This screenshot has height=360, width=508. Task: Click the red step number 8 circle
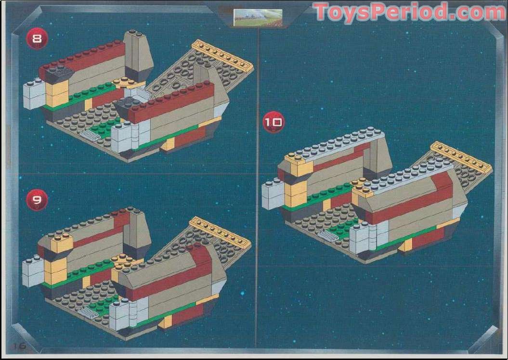pos(37,39)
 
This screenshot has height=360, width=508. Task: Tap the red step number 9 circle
pos(37,200)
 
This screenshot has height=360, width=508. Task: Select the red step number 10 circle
pos(273,122)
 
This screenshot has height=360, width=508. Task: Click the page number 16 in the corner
pos(19,346)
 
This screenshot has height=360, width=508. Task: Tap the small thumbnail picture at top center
pos(258,17)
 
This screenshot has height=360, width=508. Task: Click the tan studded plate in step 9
pos(221,231)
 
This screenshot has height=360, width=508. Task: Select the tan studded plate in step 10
pos(461,157)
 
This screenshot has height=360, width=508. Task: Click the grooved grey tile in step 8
pos(90,134)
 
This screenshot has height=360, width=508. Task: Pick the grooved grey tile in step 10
pos(328,236)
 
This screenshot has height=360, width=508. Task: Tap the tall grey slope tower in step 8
pos(137,55)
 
